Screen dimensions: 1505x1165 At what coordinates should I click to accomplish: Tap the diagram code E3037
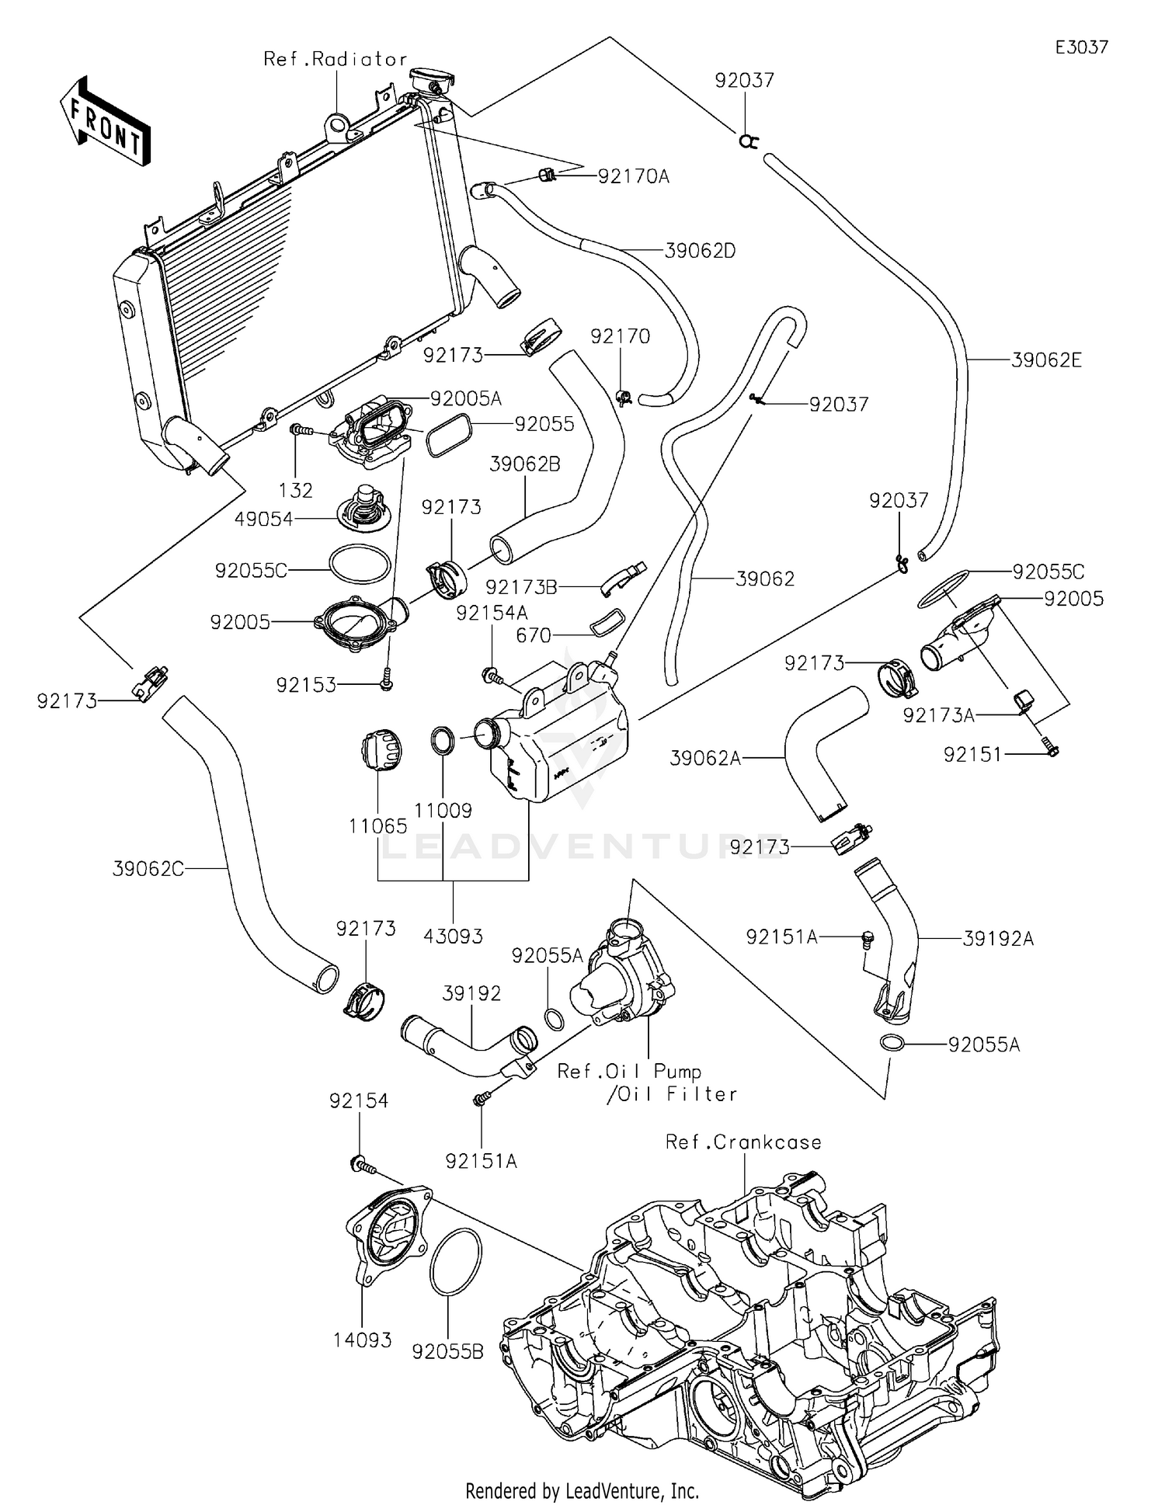[1081, 47]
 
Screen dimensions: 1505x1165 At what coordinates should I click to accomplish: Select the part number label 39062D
[700, 251]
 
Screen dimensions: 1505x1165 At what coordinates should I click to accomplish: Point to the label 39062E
[1046, 360]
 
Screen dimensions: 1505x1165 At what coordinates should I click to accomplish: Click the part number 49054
[264, 520]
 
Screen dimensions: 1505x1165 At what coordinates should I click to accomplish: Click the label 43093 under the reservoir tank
[453, 936]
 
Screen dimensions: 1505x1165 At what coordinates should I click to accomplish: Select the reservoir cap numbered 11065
[381, 750]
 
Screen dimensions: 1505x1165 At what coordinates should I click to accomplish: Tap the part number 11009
[443, 811]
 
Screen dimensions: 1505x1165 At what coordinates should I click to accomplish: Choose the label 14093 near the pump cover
[363, 1340]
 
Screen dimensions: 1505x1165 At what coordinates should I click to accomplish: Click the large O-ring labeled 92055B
[455, 1263]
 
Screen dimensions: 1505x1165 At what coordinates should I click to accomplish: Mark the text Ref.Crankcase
[743, 1142]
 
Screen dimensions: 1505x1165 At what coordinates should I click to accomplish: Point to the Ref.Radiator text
[336, 59]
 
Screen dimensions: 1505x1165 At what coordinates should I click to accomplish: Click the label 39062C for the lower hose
[148, 869]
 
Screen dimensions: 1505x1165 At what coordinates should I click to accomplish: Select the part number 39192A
[998, 939]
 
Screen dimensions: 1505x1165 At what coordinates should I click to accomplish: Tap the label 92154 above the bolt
[358, 1100]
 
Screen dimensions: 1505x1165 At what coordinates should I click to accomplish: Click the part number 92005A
[466, 399]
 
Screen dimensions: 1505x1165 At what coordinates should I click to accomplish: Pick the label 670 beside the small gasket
[534, 636]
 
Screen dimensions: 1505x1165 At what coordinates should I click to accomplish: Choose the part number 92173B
[521, 587]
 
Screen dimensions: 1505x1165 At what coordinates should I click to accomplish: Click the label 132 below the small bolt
[295, 490]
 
